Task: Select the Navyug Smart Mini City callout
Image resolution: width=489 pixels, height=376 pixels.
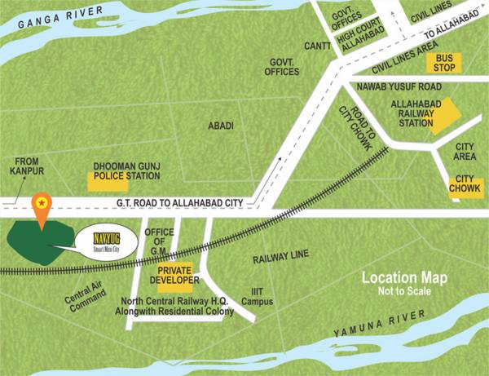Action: point(106,241)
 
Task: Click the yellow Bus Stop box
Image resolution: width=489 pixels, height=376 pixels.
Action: point(444,62)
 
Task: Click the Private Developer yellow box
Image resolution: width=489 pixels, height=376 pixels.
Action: point(178,275)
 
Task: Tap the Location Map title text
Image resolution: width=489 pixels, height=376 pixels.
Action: point(405,279)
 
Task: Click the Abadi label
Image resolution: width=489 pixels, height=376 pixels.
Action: point(220,125)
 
